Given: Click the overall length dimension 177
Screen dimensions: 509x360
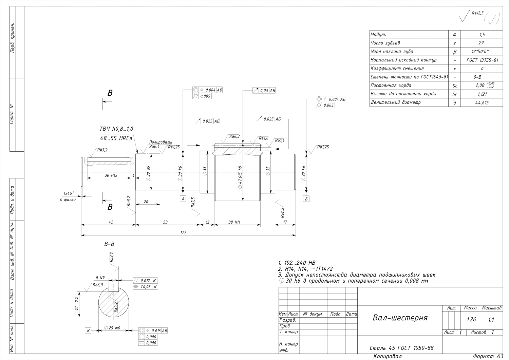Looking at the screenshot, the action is click(183, 232).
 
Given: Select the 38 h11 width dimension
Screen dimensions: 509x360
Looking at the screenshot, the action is click(234, 222).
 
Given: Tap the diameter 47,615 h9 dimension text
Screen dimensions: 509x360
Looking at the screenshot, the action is click(240, 177).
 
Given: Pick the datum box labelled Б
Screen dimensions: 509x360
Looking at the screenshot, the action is click(306, 199).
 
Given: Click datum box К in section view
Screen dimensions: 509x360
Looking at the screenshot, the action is click(88, 331).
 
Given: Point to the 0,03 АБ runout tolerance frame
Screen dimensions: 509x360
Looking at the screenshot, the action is click(264, 91).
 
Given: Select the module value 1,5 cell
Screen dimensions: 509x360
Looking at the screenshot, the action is click(482, 35).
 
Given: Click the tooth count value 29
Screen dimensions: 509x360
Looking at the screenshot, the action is click(481, 43).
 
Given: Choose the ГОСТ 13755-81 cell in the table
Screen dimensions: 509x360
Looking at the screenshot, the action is click(482, 60).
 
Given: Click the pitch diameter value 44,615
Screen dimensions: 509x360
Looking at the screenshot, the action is click(482, 103).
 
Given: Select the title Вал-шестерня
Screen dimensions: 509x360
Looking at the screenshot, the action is click(400, 318).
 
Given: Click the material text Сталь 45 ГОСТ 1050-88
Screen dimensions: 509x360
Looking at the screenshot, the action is click(401, 348).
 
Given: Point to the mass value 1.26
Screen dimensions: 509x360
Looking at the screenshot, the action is click(471, 320).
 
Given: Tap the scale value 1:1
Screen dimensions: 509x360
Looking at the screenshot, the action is click(491, 320).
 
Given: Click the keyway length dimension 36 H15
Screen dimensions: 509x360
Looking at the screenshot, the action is click(111, 175).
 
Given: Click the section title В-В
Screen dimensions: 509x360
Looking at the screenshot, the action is click(109, 244).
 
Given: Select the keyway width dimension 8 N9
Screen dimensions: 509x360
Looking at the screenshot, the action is click(100, 278).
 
